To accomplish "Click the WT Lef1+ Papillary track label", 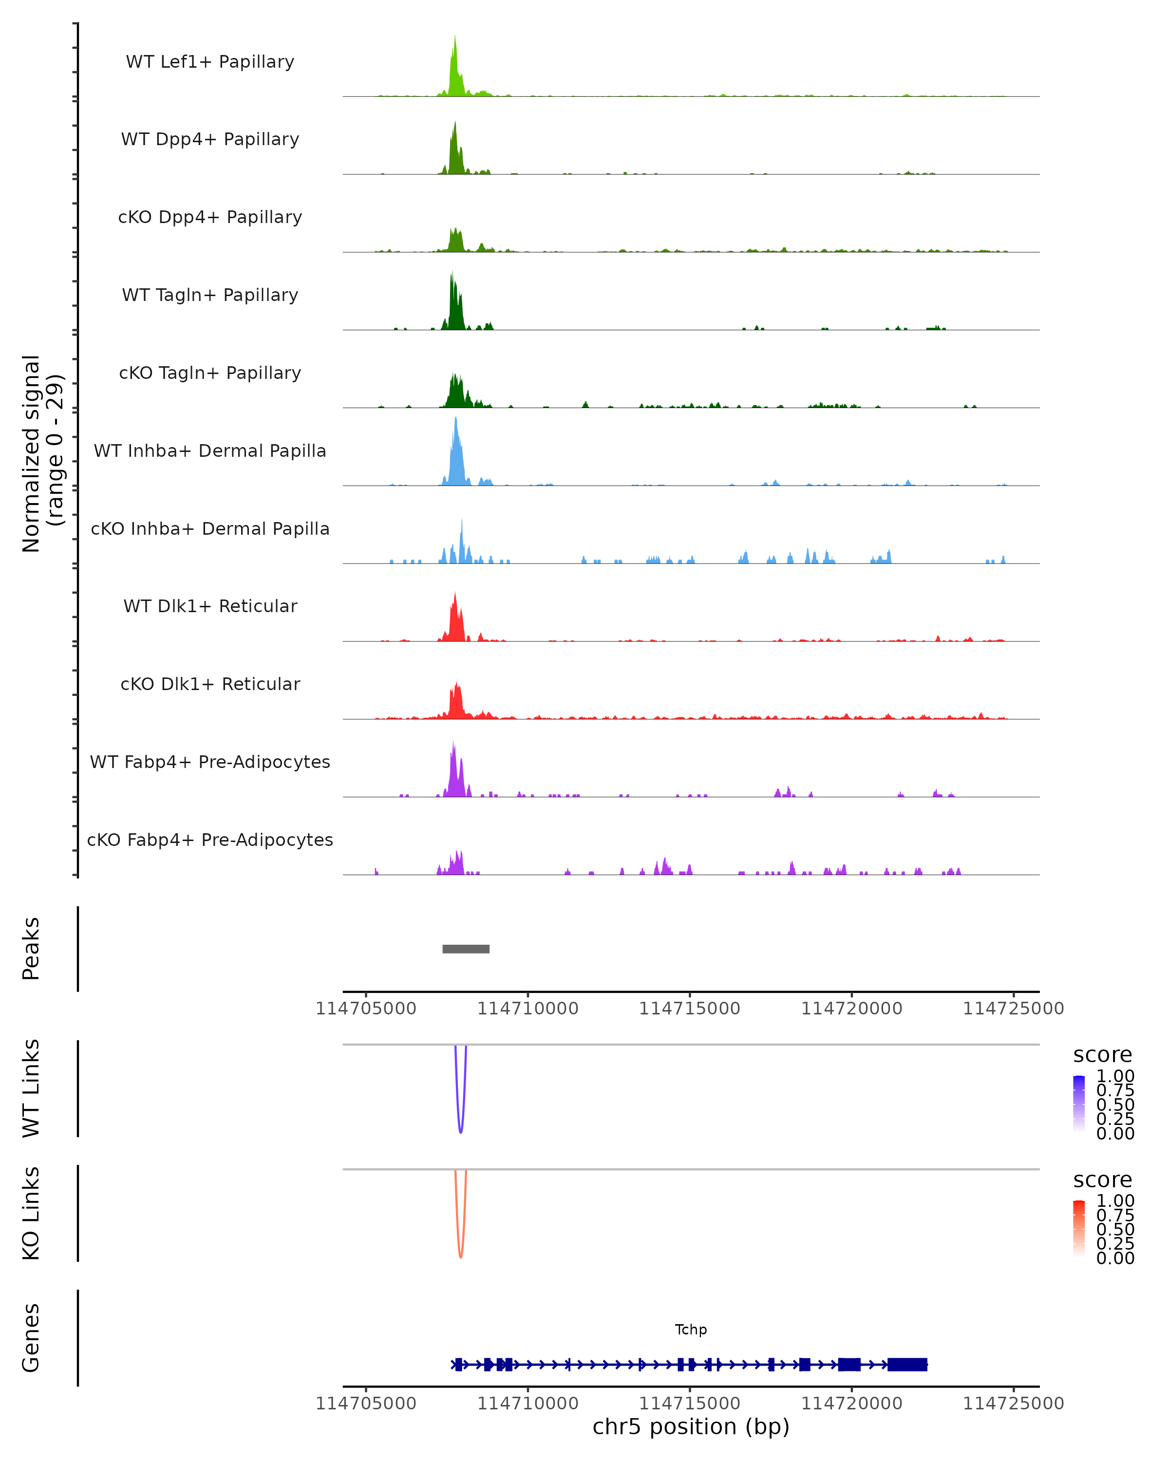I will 210,62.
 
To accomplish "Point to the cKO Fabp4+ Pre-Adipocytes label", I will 210,840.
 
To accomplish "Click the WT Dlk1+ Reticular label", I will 210,606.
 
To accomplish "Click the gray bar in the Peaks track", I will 466,949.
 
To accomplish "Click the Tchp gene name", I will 691,1330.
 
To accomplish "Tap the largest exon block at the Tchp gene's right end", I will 907,1365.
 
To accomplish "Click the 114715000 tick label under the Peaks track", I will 690,1009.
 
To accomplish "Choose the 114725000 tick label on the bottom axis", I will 1013,1404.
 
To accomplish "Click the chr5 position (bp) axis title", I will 691,1427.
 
